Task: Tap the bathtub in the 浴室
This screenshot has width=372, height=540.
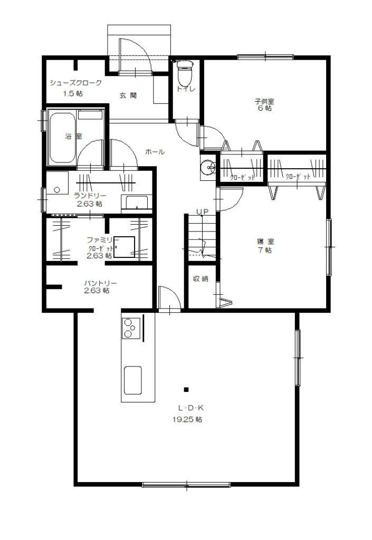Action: tap(63, 138)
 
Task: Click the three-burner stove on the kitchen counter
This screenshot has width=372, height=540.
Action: tap(131, 328)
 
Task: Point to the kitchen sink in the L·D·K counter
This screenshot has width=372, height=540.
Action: tap(132, 380)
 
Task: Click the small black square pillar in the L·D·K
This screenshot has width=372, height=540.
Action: tap(186, 390)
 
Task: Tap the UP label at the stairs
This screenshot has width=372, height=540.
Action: tap(202, 211)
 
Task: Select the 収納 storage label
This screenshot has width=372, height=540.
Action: tap(201, 278)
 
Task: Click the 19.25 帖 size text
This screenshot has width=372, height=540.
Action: tap(187, 419)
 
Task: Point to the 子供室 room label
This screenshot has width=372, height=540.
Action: tap(264, 101)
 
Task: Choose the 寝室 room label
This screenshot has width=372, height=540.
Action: tap(265, 242)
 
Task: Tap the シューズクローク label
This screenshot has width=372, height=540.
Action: tap(76, 83)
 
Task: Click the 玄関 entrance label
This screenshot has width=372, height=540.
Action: tap(128, 95)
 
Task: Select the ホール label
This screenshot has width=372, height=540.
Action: tap(155, 151)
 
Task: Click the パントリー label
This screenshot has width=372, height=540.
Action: tap(101, 283)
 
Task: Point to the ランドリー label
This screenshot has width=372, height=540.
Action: tap(90, 196)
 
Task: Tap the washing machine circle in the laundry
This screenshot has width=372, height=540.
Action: tap(57, 189)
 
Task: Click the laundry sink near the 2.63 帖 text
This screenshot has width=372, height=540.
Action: tap(137, 202)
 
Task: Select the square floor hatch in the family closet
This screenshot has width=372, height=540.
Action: tap(124, 247)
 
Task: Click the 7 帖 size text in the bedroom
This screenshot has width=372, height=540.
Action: tap(264, 250)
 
